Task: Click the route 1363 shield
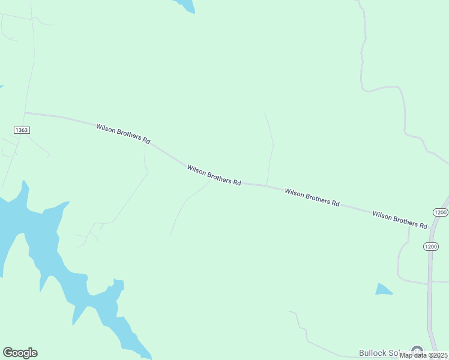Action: coord(21,130)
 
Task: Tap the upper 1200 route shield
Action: coord(440,212)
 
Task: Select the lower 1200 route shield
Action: coord(430,246)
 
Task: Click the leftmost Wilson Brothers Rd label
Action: coord(123,133)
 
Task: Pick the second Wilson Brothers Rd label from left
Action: coord(214,175)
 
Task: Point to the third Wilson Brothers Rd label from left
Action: coord(312,197)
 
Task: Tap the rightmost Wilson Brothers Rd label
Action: coord(399,219)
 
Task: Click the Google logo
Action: coord(20,353)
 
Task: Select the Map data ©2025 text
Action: coord(423,355)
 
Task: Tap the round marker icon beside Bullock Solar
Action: coord(417,351)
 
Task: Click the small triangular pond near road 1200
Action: coord(382,289)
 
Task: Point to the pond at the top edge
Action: coord(186,5)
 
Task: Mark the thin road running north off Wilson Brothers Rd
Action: coord(271,150)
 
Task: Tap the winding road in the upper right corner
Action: coord(384,89)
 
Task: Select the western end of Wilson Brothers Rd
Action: coord(25,112)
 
